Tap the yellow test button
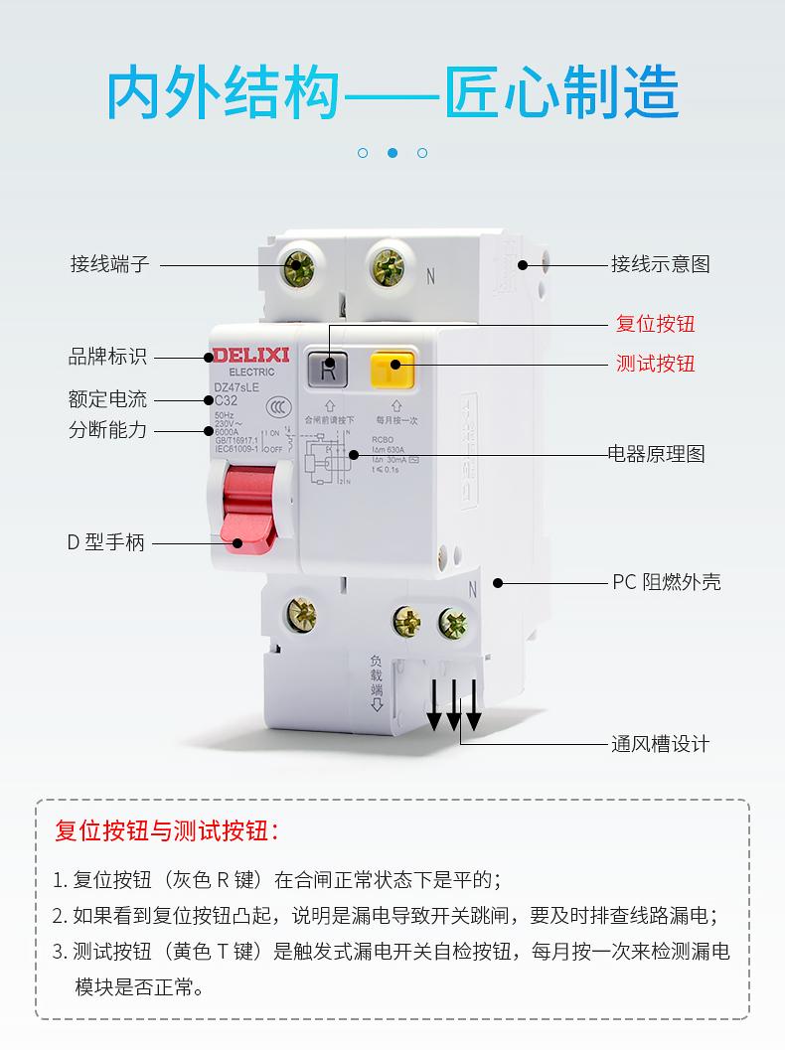tap(391, 371)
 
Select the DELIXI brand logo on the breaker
tap(244, 355)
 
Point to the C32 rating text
tap(227, 400)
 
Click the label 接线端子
tap(109, 264)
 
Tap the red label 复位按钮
tap(655, 324)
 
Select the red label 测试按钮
tap(655, 363)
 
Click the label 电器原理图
tap(656, 454)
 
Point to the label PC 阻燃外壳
tap(666, 582)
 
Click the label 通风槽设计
tap(660, 744)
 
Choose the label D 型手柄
tap(105, 542)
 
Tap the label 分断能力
tap(107, 430)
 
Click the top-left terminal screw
tap(298, 266)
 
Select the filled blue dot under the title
tap(392, 153)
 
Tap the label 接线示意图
tap(660, 264)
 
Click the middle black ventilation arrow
tap(454, 707)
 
